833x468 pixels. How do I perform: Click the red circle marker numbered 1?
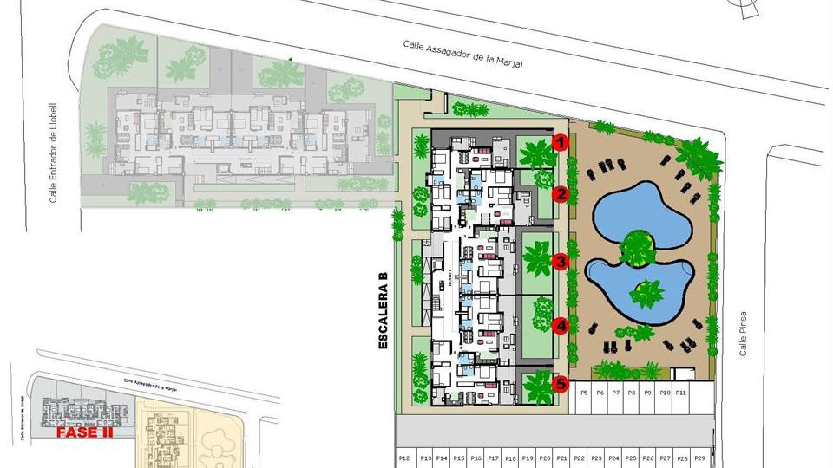(x=561, y=142)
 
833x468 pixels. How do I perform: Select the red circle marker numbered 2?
(x=561, y=194)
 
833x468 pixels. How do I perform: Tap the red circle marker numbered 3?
(x=561, y=262)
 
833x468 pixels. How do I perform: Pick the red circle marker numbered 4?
(x=561, y=326)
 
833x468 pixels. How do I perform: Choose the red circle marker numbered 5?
(x=561, y=383)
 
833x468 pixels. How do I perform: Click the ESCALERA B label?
(x=383, y=310)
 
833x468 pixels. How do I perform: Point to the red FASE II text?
(x=85, y=432)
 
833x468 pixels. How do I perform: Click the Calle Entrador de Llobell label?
(x=54, y=153)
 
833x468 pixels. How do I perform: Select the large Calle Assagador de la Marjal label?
(x=463, y=54)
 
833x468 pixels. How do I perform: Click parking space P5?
(x=584, y=393)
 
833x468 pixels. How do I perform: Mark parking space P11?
(x=681, y=393)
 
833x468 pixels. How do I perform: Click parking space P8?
(x=632, y=393)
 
